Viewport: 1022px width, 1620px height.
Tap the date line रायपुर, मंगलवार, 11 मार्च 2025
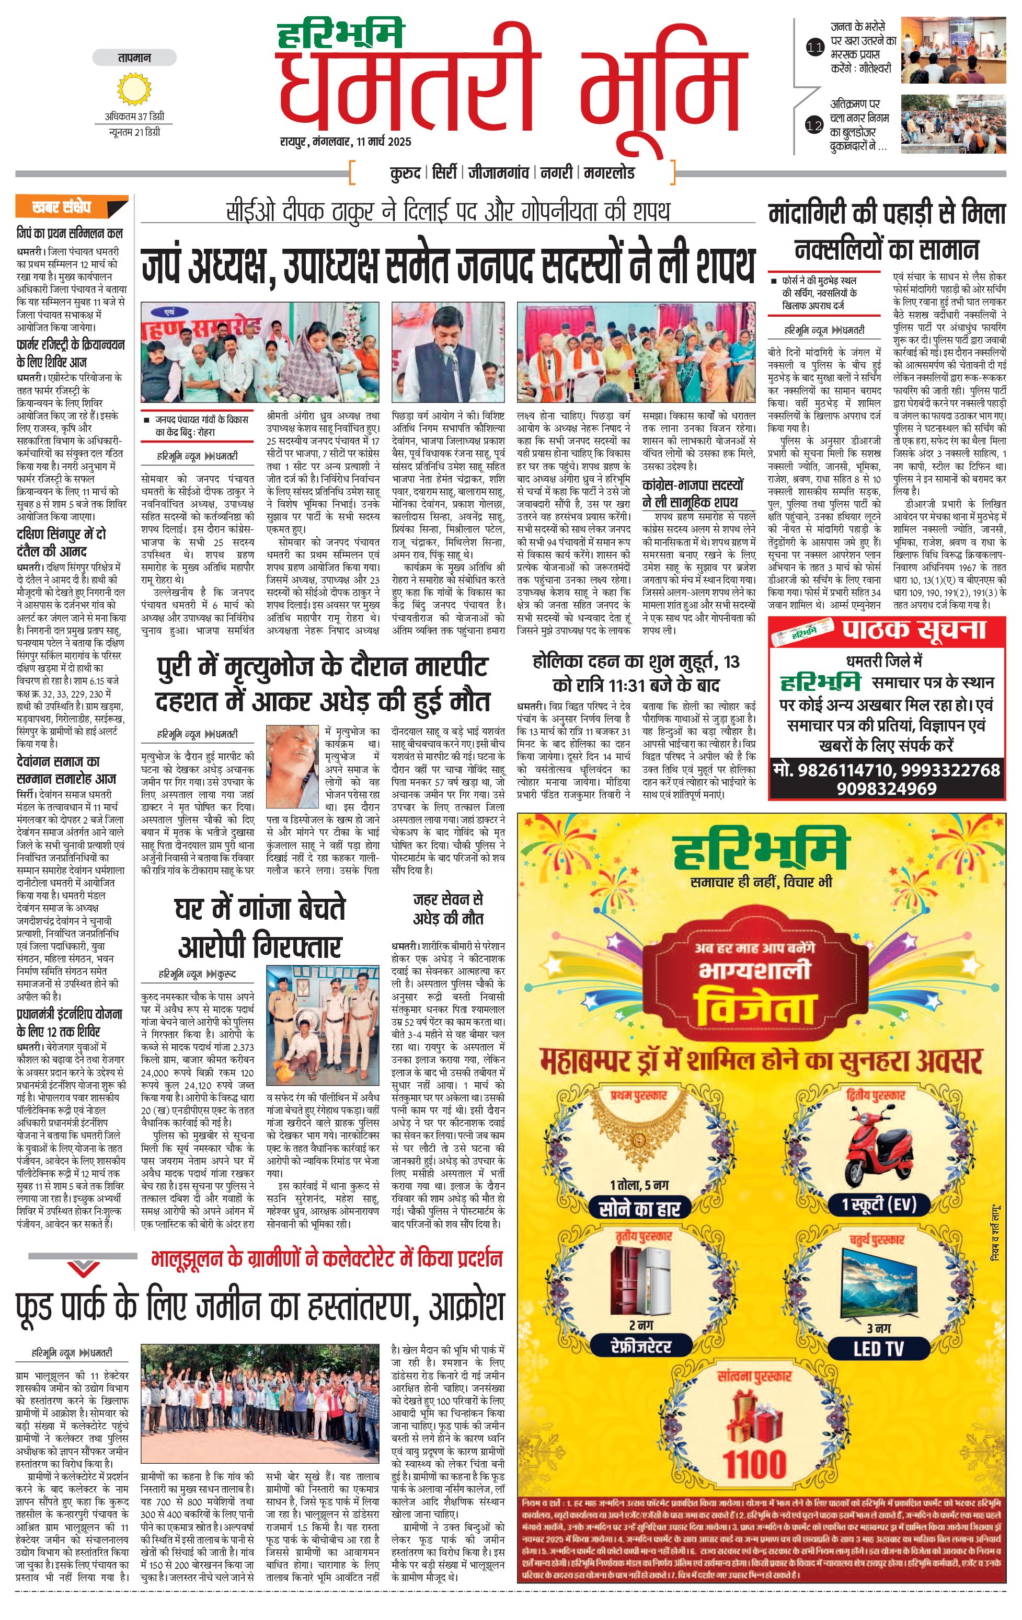[345, 142]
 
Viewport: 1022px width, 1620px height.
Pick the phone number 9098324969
[887, 789]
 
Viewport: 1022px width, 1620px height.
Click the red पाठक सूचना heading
[914, 630]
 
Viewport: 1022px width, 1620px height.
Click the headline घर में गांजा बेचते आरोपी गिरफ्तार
[260, 927]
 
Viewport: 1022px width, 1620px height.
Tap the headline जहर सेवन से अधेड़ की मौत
[447, 908]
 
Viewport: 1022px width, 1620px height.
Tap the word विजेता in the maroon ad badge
[754, 1006]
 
